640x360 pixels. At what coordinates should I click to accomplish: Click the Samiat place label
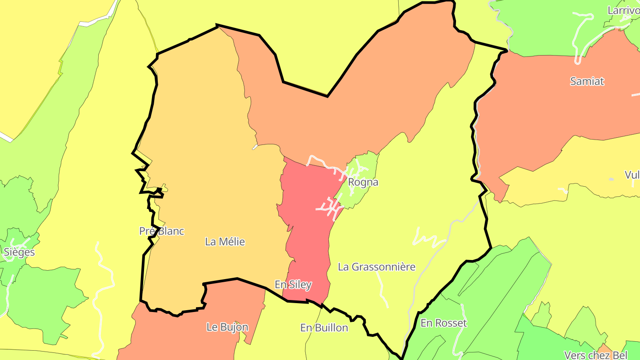click(587, 81)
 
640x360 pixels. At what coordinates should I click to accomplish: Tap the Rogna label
click(363, 182)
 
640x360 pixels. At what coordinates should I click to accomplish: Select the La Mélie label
click(225, 242)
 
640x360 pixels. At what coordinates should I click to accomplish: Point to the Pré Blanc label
click(161, 231)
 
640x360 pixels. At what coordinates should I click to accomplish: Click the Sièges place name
click(19, 252)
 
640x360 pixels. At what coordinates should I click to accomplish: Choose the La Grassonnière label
click(376, 267)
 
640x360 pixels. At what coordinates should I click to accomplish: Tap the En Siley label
click(293, 285)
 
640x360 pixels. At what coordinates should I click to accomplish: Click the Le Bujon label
click(227, 328)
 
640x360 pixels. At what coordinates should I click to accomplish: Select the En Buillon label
click(324, 328)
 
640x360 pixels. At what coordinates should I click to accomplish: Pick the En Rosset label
click(444, 323)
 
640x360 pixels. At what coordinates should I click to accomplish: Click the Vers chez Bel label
click(596, 355)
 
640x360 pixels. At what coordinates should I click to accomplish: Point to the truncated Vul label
click(632, 175)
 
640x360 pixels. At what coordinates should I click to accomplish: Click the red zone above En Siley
click(307, 222)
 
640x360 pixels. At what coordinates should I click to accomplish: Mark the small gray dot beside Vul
click(611, 179)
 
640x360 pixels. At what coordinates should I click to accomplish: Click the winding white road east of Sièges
click(104, 284)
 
